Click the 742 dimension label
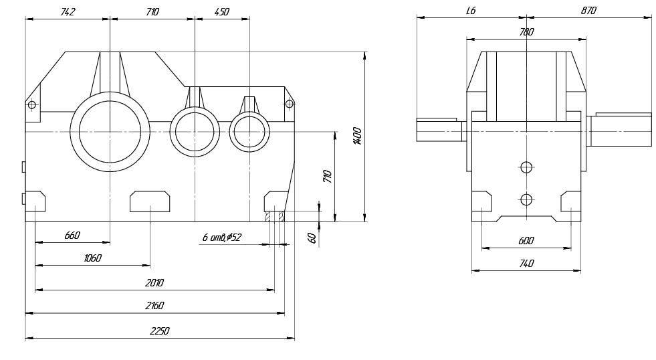coord(68,12)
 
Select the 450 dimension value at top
coord(221,12)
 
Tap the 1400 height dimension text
coord(358,137)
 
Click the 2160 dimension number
coord(154,306)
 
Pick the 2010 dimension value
coord(154,283)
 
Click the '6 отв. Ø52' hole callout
coord(221,238)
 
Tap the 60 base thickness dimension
coord(312,238)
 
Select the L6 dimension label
coord(470,11)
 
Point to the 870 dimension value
coord(588,11)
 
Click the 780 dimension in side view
coord(526,32)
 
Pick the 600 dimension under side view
coord(526,241)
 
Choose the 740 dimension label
coord(526,264)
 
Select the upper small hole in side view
coord(527,167)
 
